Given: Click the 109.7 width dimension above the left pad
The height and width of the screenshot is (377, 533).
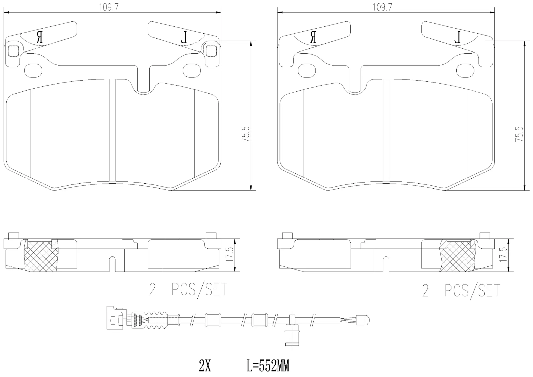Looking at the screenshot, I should (x=109, y=8).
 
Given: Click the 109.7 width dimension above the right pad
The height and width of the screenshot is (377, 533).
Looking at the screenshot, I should (x=382, y=8).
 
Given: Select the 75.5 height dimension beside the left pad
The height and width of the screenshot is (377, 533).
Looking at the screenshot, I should (x=246, y=134).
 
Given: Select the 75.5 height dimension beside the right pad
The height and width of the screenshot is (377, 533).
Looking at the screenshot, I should (x=519, y=134).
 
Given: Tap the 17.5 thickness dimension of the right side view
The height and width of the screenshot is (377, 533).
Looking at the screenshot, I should (x=503, y=255).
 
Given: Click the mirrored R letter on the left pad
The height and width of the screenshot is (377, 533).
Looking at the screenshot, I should (x=40, y=37).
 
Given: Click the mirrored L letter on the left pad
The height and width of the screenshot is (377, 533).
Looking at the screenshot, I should (x=184, y=37).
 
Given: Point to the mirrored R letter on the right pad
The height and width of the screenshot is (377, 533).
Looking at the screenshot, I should (x=313, y=37).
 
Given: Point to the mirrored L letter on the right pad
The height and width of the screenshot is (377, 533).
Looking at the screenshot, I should (x=457, y=37).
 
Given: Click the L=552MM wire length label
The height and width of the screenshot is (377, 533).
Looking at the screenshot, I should (x=268, y=366).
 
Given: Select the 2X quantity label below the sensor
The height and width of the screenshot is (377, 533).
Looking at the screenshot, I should (x=205, y=366).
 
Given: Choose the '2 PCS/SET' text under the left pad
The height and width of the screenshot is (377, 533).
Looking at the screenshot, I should (x=188, y=289).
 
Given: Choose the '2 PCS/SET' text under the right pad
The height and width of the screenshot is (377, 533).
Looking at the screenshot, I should (x=461, y=291).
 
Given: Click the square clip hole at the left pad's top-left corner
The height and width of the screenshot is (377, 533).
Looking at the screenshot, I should (x=13, y=51).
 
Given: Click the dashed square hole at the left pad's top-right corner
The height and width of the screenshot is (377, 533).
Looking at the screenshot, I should (x=211, y=51).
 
